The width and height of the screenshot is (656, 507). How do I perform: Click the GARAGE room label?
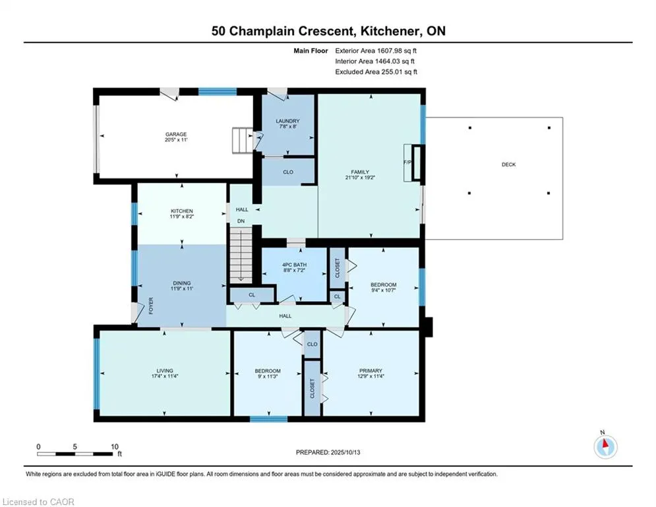[x=176, y=135]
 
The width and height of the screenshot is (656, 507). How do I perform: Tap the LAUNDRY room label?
[x=288, y=121]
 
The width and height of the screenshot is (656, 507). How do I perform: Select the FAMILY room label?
[x=360, y=172]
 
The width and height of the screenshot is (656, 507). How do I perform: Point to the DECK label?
[x=509, y=164]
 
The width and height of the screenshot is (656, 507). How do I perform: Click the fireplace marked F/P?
[x=414, y=162]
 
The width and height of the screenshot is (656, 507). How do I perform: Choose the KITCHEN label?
[x=181, y=211]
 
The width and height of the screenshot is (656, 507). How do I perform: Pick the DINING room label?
[x=181, y=283]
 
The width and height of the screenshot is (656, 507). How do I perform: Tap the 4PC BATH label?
[x=295, y=265]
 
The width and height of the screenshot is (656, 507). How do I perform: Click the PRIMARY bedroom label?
[x=371, y=371]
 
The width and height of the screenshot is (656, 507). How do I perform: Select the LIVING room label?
[x=165, y=371]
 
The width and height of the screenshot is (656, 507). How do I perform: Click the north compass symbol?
[x=605, y=446]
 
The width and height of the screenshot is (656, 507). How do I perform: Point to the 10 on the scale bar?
[x=115, y=447]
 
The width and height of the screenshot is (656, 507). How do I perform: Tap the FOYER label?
[x=151, y=306]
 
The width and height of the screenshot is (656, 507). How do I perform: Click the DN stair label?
[x=241, y=221]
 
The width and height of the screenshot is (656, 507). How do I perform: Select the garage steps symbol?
[x=243, y=141]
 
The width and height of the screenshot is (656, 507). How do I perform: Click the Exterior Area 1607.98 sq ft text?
[x=376, y=51]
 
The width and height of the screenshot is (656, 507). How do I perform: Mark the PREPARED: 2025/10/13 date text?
[x=328, y=452]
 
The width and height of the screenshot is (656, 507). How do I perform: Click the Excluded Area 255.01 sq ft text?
[x=376, y=72]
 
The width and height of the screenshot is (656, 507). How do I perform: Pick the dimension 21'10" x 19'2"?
[x=360, y=178]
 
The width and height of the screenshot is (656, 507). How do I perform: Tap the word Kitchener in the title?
[x=390, y=31]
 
